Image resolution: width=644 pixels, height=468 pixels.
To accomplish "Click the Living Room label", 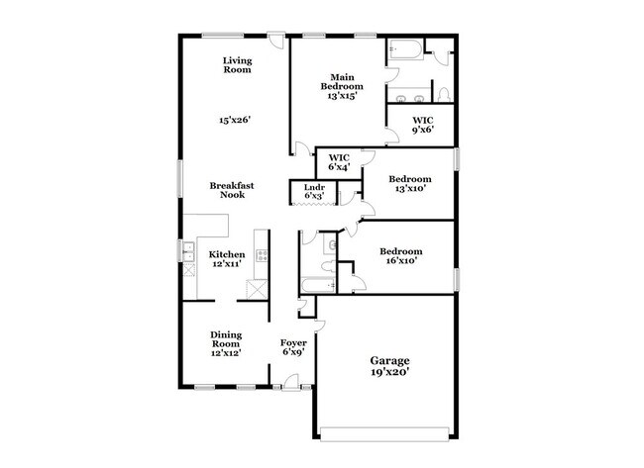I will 236,65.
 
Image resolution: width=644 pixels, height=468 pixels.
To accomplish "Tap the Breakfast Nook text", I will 226,190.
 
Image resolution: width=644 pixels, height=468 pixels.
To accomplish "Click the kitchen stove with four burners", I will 262,254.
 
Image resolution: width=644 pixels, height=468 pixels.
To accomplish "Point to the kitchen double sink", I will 186,254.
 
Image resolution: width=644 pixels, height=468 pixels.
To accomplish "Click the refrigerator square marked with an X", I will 257,290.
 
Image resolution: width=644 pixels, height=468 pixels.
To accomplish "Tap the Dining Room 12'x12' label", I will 225,341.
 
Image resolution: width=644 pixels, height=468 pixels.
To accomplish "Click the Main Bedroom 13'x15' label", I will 342,87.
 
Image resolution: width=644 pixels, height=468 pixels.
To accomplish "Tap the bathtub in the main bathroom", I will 404,49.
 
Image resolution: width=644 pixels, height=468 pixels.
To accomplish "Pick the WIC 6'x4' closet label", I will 340,161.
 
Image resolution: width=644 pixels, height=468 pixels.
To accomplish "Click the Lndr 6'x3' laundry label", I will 314,191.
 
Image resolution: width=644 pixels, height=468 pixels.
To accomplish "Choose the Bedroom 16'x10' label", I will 402,256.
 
